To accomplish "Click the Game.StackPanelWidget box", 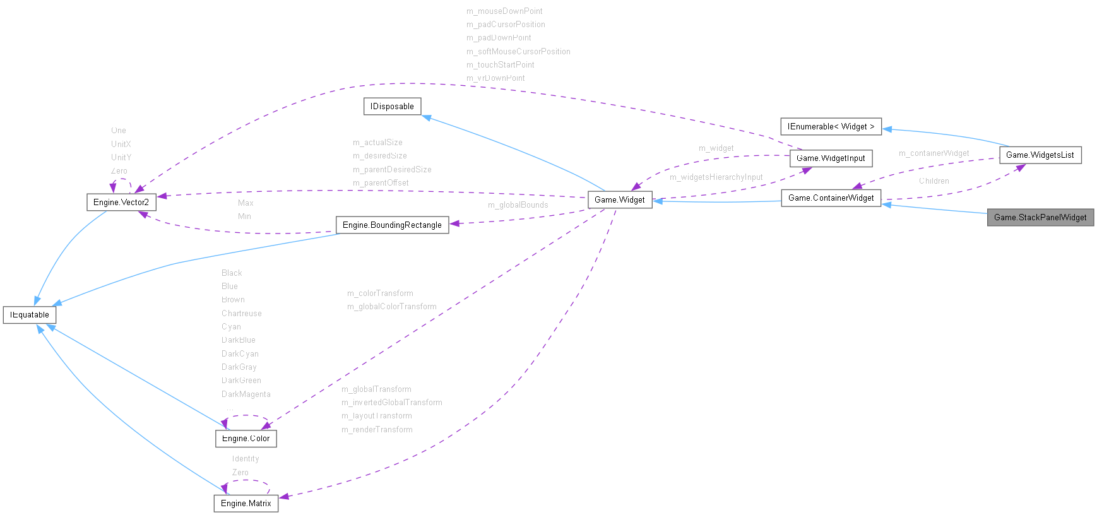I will [x=1040, y=217].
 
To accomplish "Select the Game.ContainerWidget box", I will [x=831, y=198].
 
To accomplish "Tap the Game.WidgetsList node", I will [x=1040, y=155].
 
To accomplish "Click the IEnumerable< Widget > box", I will [x=831, y=126].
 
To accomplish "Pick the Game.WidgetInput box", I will [x=831, y=158].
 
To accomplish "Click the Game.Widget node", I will [x=619, y=199].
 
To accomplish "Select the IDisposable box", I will [x=392, y=106].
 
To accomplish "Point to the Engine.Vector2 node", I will [x=121, y=202].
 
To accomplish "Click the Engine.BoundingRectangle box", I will [x=392, y=225].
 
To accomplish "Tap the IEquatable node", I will [x=30, y=314].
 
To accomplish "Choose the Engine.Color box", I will [x=246, y=438].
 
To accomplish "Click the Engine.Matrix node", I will [x=246, y=503].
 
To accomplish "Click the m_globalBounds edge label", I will [x=518, y=204].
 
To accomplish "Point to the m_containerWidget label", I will [x=934, y=153].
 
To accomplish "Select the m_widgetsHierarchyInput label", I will [x=716, y=177].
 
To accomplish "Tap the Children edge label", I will [x=934, y=181].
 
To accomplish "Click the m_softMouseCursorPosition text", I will [x=518, y=51].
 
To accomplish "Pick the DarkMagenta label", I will [x=246, y=394].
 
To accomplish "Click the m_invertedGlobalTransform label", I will [x=391, y=402].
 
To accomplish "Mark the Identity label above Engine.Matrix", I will [x=245, y=458].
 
